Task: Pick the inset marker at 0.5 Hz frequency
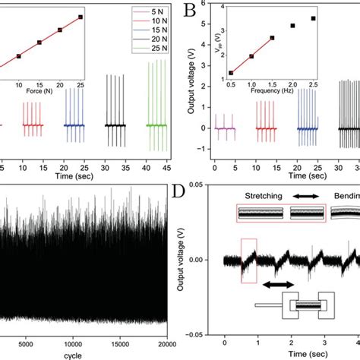click(x=231, y=73)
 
